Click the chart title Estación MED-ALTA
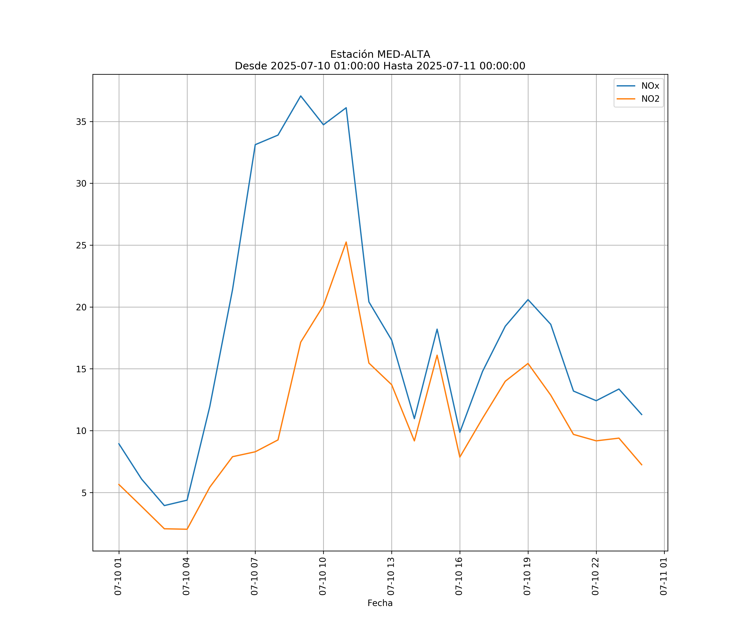(380, 54)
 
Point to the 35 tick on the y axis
(81, 122)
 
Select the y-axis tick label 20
(81, 307)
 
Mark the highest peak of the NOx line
(301, 96)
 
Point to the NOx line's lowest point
(164, 506)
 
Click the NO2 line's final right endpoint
(642, 465)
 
